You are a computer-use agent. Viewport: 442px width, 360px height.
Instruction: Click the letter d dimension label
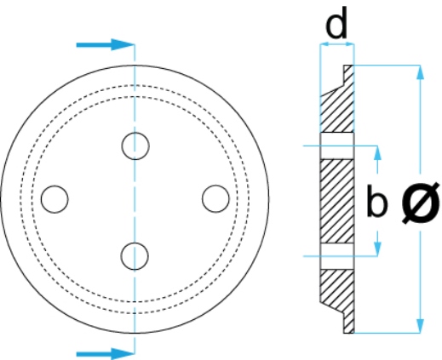[x=336, y=23]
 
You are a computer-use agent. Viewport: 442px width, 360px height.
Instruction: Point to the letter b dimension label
[x=376, y=201]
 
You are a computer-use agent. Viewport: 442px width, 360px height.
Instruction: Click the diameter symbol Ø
[x=421, y=203]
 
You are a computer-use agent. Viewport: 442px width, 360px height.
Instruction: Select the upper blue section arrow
[x=105, y=44]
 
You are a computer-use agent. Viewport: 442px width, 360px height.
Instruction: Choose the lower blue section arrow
[x=105, y=354]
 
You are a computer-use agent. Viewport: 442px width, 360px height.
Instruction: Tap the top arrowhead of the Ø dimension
[x=421, y=72]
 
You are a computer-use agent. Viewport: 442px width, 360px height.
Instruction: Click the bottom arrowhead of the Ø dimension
[x=421, y=325]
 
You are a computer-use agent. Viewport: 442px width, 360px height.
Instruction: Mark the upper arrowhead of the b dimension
[x=377, y=153]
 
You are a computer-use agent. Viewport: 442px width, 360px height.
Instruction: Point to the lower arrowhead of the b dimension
[x=377, y=249]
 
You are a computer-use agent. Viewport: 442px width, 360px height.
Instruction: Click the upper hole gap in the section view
[x=337, y=146]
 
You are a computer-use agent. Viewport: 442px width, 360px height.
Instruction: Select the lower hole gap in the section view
[x=337, y=256]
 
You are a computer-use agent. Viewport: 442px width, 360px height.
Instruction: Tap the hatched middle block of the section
[x=337, y=201]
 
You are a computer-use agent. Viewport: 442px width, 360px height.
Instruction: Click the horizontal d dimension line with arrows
[x=337, y=44]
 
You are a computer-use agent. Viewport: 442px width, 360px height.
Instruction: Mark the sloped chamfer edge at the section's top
[x=332, y=90]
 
